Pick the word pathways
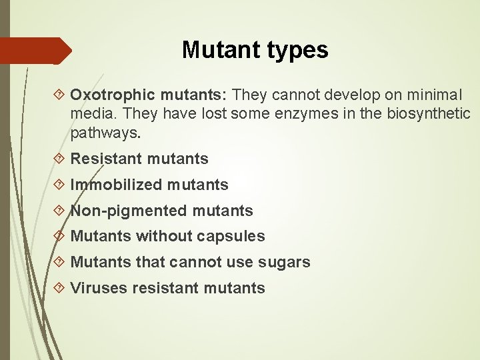click(105, 133)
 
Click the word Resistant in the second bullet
click(106, 159)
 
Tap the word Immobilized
click(116, 185)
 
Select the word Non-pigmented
click(129, 211)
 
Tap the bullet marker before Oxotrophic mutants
click(61, 95)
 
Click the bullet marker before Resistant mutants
click(61, 159)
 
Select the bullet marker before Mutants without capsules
click(61, 237)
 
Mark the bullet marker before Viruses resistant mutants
click(61, 288)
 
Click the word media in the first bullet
click(88, 114)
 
